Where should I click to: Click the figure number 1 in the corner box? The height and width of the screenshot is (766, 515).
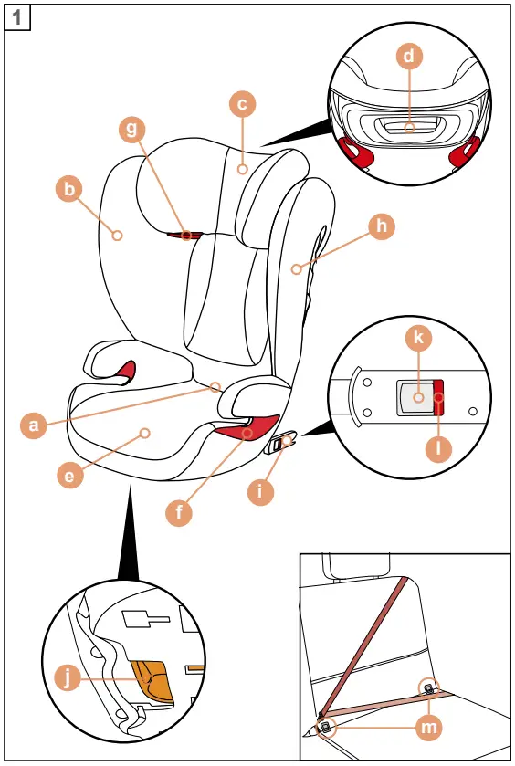click(x=18, y=18)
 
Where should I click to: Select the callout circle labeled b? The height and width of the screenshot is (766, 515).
click(x=68, y=189)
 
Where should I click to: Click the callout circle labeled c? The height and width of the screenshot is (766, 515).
click(x=242, y=105)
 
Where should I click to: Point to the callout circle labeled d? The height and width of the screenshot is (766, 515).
click(x=409, y=57)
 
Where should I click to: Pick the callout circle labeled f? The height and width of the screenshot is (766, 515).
click(x=179, y=512)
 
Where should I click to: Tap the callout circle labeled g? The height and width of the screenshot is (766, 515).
click(x=132, y=129)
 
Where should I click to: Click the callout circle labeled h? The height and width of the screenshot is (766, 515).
click(x=382, y=226)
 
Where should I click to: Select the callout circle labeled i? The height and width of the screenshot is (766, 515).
click(x=261, y=490)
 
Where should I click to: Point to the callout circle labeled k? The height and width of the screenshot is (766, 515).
click(x=418, y=338)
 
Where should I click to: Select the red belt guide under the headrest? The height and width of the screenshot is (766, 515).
click(x=188, y=236)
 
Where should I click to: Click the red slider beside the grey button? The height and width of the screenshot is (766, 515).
click(x=438, y=397)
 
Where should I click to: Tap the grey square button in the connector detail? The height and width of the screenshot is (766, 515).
click(x=415, y=398)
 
